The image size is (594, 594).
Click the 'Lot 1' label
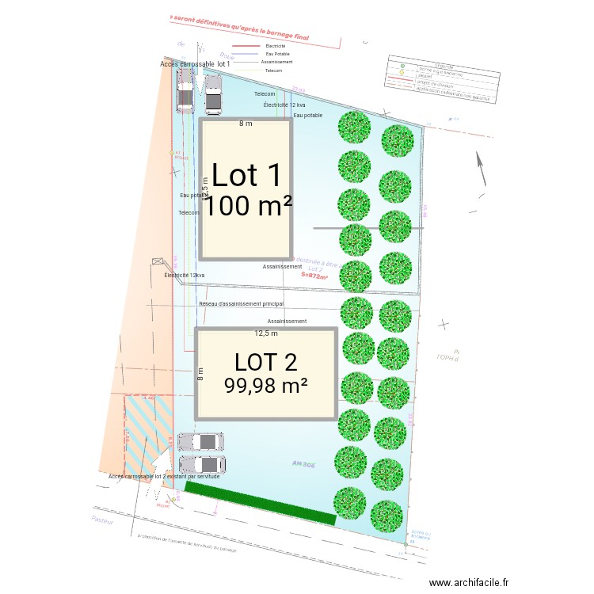tap(246, 174)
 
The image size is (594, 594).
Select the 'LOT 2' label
tap(266, 362)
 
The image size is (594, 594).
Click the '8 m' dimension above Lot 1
tap(246, 124)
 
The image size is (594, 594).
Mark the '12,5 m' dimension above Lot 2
tap(266, 333)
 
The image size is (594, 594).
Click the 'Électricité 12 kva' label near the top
tap(284, 105)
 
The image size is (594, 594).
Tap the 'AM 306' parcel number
tap(304, 464)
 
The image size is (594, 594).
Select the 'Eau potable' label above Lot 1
tap(309, 115)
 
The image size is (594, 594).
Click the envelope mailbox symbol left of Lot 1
tap(158, 261)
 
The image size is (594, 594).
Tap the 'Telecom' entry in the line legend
tap(273, 70)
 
